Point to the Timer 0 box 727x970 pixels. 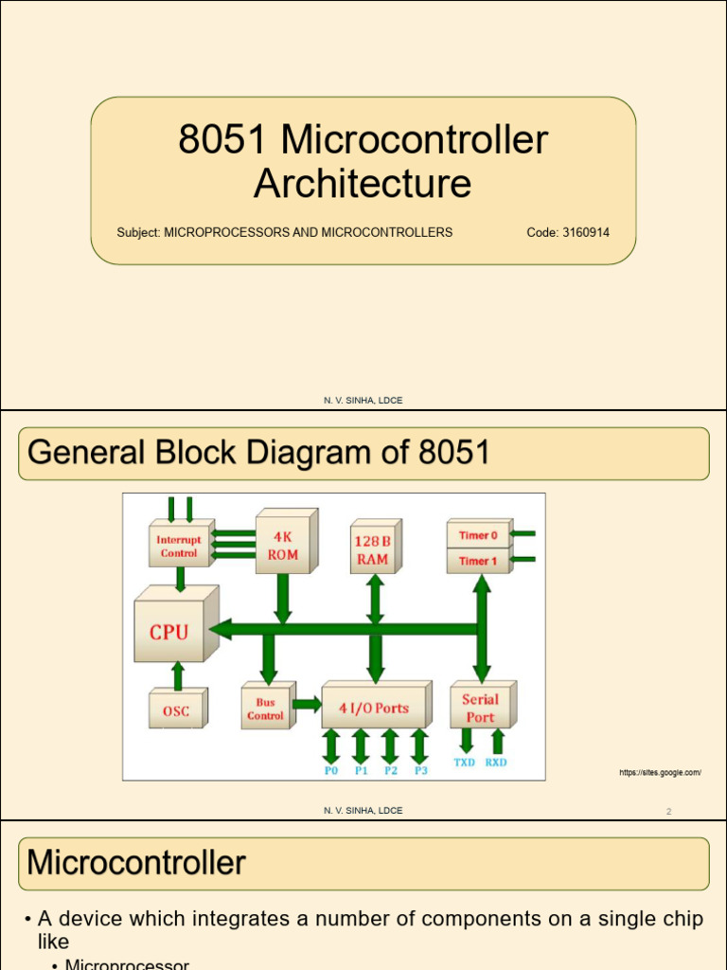click(x=478, y=535)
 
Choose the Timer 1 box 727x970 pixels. click(x=478, y=561)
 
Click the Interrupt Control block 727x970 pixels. click(x=179, y=547)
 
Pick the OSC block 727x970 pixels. click(x=176, y=710)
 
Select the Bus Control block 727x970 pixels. click(x=265, y=710)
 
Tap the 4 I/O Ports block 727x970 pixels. click(x=374, y=708)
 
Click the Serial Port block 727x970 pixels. click(x=480, y=708)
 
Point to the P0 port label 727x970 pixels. click(x=331, y=771)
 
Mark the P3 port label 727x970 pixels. click(x=420, y=771)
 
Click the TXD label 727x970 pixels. click(x=465, y=763)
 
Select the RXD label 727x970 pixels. click(x=496, y=763)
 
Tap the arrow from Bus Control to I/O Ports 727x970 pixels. click(x=307, y=704)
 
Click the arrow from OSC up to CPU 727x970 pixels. click(x=176, y=674)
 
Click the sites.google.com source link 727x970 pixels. click(x=660, y=773)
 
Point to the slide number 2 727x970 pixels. click(x=668, y=812)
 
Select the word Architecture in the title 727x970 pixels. click(x=363, y=184)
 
